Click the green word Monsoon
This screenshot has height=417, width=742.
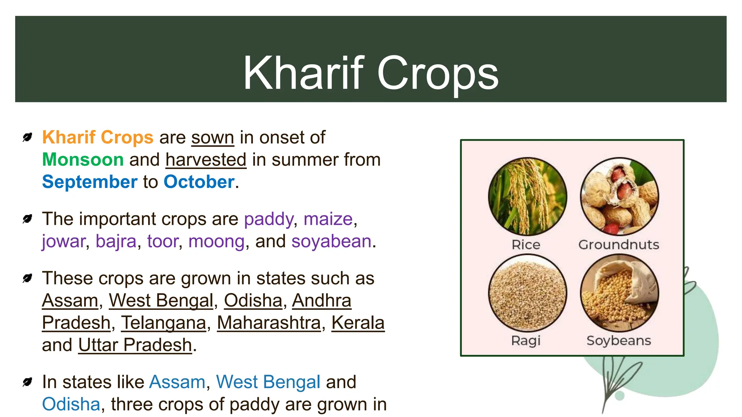pyautogui.click(x=83, y=160)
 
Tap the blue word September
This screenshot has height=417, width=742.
pyautogui.click(x=89, y=182)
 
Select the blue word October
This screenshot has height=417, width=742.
pyautogui.click(x=199, y=182)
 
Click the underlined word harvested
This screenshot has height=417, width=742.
pyautogui.click(x=206, y=160)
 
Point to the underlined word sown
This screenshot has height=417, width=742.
pyautogui.click(x=213, y=138)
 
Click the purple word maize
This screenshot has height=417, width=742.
pyautogui.click(x=328, y=219)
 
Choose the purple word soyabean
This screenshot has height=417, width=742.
pyautogui.click(x=331, y=241)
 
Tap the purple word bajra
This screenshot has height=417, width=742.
pyautogui.click(x=116, y=241)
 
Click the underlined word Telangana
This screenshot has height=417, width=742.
pyautogui.click(x=163, y=323)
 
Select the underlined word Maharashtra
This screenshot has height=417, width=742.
pyautogui.click(x=269, y=323)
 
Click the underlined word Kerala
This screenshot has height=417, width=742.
pyautogui.click(x=358, y=323)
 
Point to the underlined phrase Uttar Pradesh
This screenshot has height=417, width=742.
pyautogui.click(x=135, y=345)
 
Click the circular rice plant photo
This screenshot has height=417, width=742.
pyautogui.click(x=527, y=197)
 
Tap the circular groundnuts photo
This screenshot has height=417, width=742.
pyautogui.click(x=619, y=197)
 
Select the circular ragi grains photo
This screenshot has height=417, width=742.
pyautogui.click(x=527, y=292)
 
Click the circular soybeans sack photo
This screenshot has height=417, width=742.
pyautogui.click(x=619, y=292)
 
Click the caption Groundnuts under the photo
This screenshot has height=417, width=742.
pyautogui.click(x=618, y=245)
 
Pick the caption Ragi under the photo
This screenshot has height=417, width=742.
pyautogui.click(x=526, y=341)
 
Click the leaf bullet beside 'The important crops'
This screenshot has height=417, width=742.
pyautogui.click(x=27, y=219)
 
